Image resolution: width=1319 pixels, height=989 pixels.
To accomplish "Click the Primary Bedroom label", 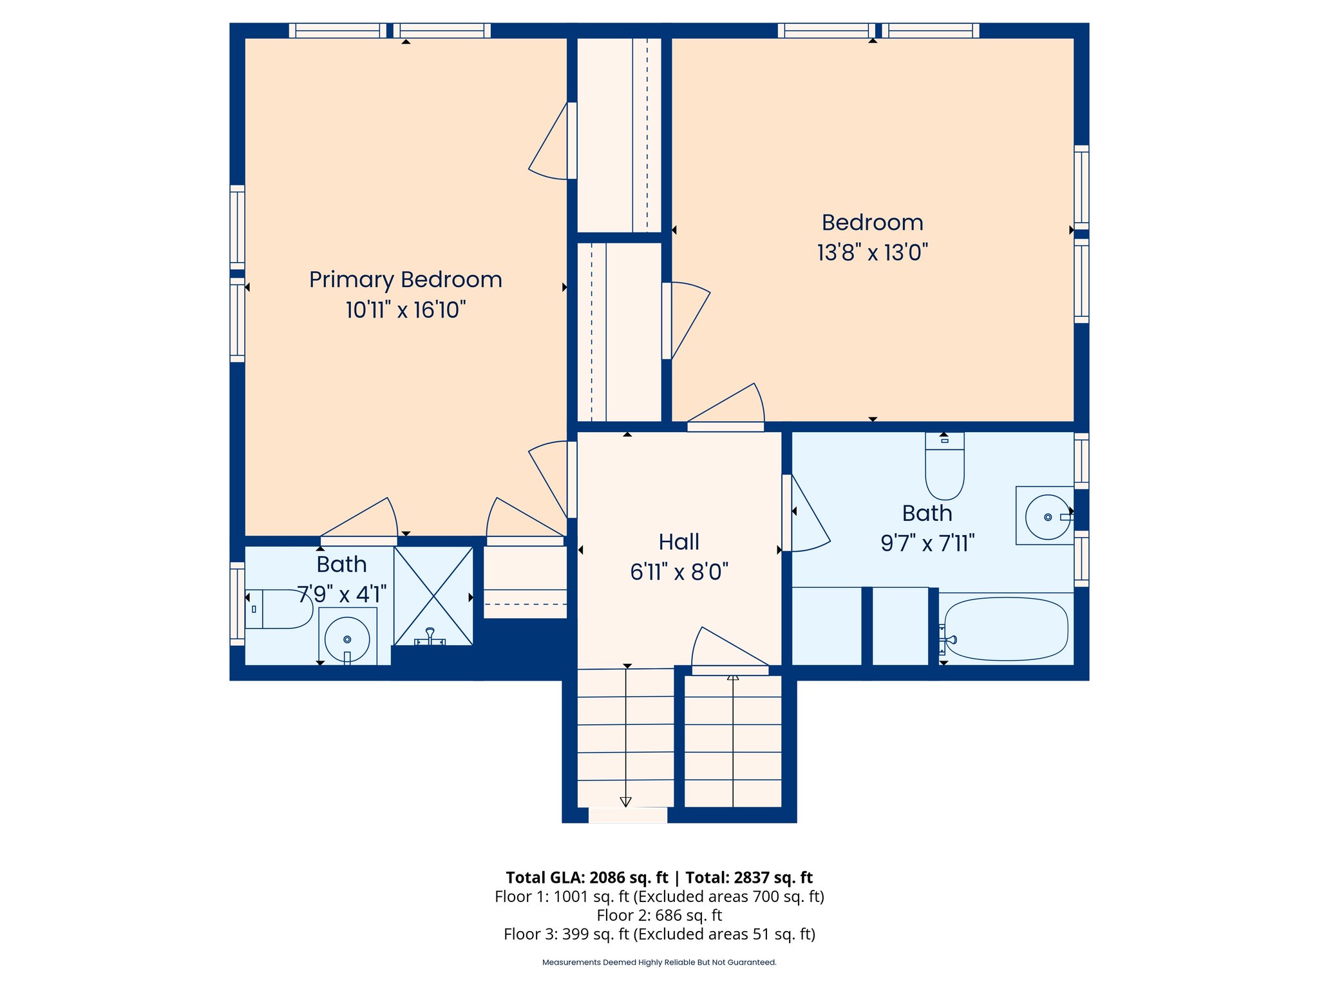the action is tap(405, 280).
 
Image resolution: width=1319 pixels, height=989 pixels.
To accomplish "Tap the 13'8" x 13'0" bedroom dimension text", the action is tap(873, 252).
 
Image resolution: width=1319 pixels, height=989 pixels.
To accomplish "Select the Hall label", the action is tap(679, 542).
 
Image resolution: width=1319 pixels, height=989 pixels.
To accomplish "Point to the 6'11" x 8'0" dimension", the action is tap(679, 572).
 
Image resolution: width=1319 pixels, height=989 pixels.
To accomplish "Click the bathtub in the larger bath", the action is tap(1006, 629).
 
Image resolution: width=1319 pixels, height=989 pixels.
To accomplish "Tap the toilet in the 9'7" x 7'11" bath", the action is tap(944, 466).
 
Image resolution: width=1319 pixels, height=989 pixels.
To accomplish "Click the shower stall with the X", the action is tap(433, 596).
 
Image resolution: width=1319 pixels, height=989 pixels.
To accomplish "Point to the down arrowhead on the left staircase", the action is tap(625, 802).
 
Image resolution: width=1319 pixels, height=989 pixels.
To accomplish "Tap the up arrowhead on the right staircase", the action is tap(733, 677).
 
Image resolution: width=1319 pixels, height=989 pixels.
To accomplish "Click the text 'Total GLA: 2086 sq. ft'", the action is tap(587, 878).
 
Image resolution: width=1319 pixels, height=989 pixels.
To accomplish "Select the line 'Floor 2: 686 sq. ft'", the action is tap(659, 915).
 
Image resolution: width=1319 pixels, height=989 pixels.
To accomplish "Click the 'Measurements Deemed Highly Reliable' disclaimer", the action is tap(659, 963).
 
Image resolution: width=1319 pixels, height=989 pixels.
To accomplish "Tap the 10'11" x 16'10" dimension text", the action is tap(406, 310).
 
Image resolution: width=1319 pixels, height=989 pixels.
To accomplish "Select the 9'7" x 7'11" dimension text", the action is tap(927, 543).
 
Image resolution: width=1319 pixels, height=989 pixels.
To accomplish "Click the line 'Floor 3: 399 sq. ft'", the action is tap(659, 934).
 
